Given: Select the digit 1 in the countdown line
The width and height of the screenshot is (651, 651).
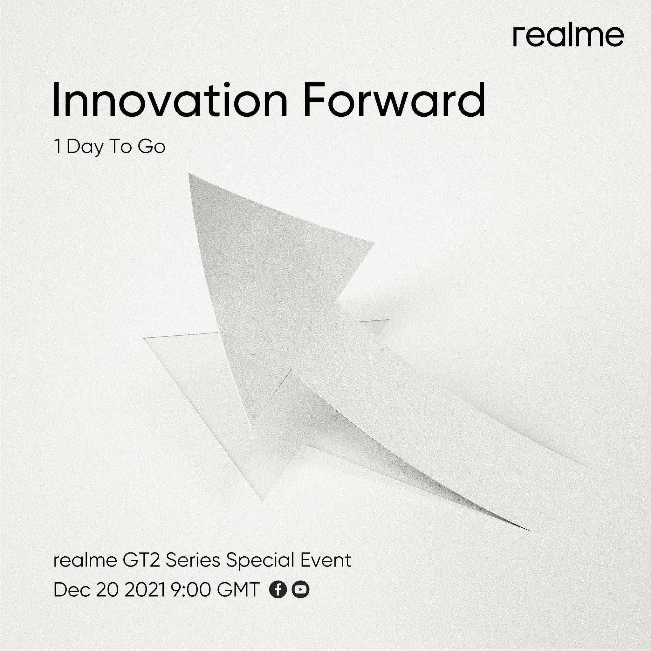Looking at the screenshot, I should (58, 147).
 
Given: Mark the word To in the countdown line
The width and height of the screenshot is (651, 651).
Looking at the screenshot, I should (120, 147).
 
